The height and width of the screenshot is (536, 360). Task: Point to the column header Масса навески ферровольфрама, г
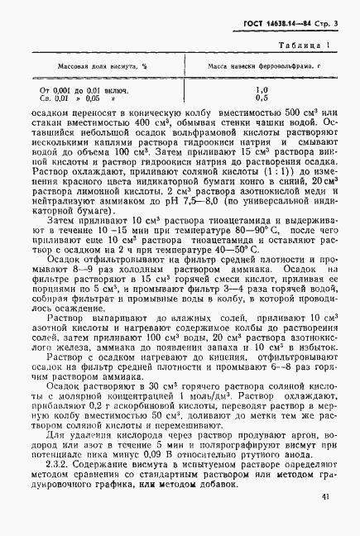(262, 63)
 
